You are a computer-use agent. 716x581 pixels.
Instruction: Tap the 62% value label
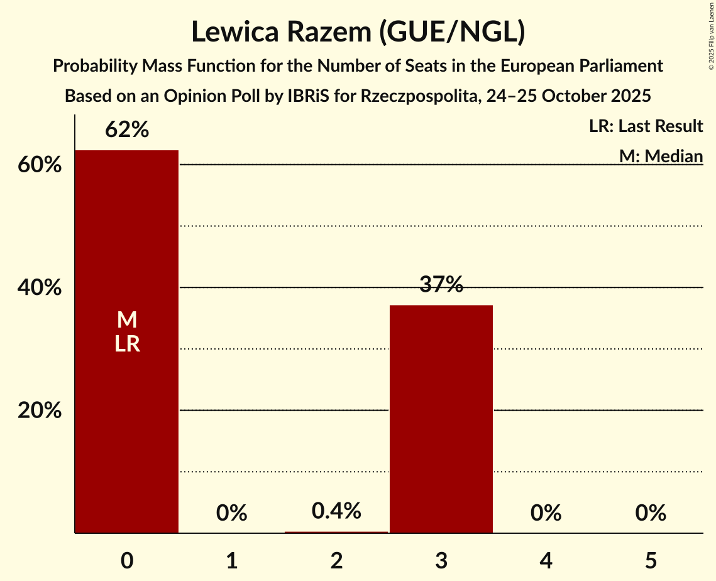(127, 130)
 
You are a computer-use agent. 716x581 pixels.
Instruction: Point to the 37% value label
(441, 285)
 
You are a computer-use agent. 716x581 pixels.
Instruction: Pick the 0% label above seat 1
(231, 513)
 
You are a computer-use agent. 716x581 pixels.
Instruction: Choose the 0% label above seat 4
(546, 513)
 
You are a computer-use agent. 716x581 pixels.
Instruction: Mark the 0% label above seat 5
(651, 513)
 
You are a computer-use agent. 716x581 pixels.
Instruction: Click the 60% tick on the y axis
(39, 165)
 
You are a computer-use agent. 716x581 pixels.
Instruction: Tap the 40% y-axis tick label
(39, 288)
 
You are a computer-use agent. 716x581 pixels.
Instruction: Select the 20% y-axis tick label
(39, 411)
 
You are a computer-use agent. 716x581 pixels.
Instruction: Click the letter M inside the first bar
(127, 320)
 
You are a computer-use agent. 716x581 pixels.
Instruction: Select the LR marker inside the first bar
(127, 345)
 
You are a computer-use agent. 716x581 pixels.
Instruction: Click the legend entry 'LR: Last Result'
(646, 126)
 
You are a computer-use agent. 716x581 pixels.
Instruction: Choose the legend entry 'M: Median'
(661, 156)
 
